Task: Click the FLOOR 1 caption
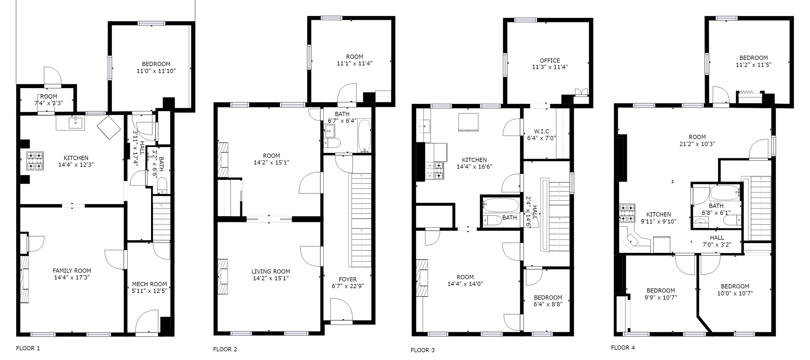tap(28, 348)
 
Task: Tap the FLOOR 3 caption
tap(422, 350)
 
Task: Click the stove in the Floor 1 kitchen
tap(35, 161)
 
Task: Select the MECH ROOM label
tap(149, 284)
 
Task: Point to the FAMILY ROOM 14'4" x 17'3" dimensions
tap(72, 277)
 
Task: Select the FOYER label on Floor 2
tap(348, 279)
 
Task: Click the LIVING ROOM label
tap(271, 272)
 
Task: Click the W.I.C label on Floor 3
tap(541, 131)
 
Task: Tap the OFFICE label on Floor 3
tap(550, 61)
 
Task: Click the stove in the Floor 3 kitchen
tap(434, 170)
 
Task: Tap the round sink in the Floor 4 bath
tap(701, 223)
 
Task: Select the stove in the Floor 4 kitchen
tap(627, 213)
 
